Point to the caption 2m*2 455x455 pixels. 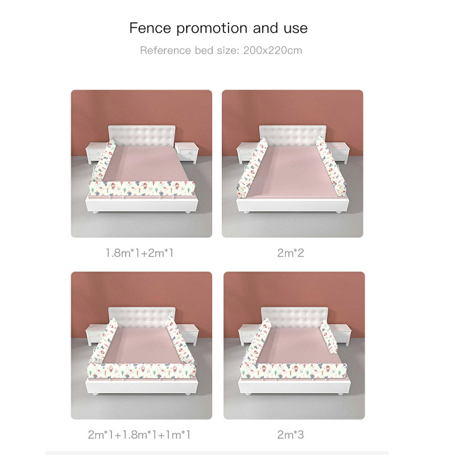[292, 252]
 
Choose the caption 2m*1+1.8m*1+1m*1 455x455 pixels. [139, 435]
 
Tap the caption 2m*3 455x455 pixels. [292, 435]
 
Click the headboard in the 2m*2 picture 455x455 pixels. [292, 135]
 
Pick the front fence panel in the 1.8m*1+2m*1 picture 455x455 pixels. [143, 189]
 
